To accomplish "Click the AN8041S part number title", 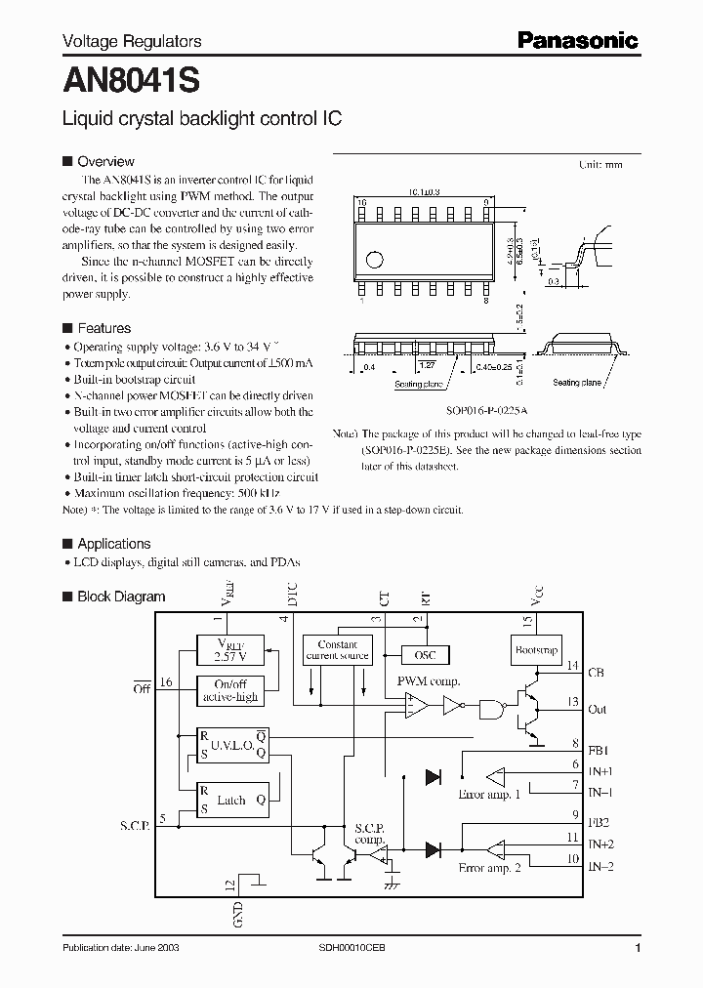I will point(131,80).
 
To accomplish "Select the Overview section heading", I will point(105,161).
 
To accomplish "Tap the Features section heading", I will point(103,328).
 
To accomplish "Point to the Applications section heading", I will point(113,544).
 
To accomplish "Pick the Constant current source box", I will point(338,650).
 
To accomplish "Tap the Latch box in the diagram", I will point(232,800).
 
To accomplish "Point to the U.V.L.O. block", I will point(232,744).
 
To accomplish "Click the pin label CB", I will point(598,672).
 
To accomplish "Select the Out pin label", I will point(598,710).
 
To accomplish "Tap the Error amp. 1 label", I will point(489,795).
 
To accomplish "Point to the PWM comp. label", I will point(428,680).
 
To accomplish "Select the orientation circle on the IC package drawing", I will point(374,259).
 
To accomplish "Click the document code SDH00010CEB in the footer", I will point(352,949).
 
